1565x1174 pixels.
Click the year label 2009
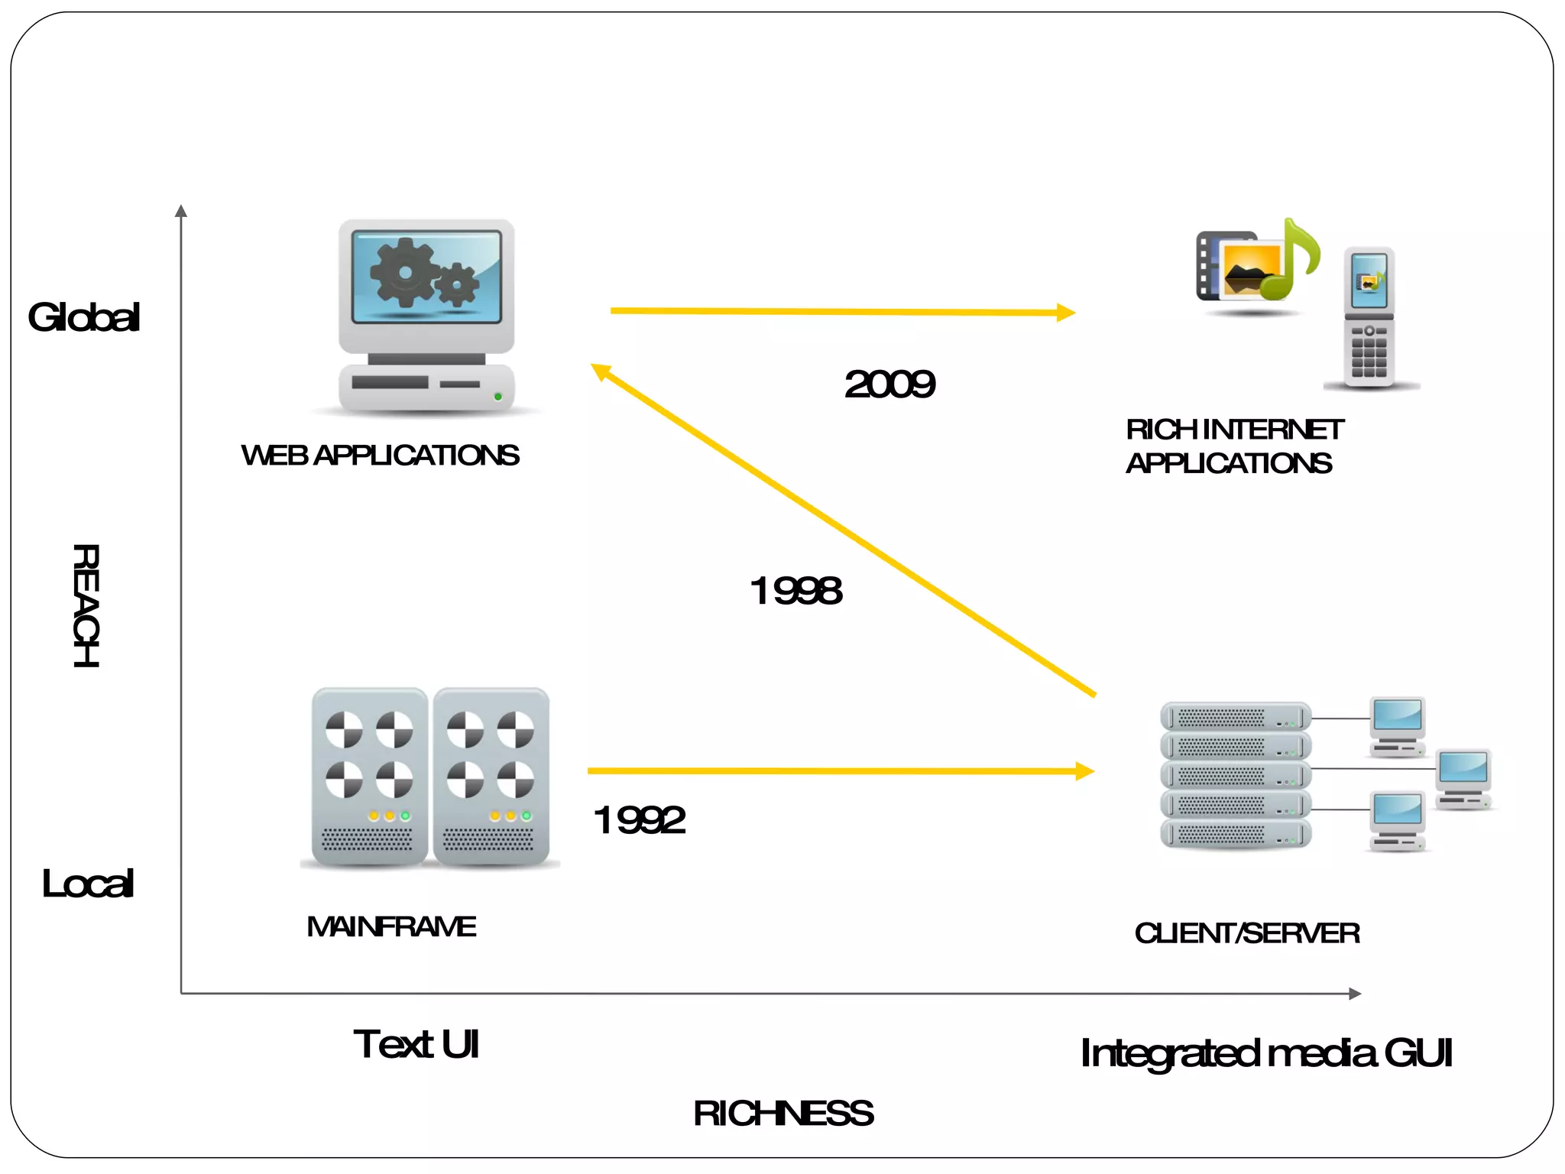889,384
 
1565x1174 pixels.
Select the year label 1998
795,591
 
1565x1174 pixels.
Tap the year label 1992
640,820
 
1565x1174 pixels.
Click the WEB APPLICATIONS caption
380,456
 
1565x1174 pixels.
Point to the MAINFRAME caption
391,927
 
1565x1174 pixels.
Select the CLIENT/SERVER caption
1247,933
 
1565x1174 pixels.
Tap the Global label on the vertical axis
84,317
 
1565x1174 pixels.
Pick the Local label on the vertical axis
88,884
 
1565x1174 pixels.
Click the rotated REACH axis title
86,605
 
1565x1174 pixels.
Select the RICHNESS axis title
783,1114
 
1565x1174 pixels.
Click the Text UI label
416,1044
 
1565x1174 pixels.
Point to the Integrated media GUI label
1266,1053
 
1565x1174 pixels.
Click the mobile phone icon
1369,317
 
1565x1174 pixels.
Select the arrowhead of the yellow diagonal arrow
601,371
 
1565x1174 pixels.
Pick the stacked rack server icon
1236,775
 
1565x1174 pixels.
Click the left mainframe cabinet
369,776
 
